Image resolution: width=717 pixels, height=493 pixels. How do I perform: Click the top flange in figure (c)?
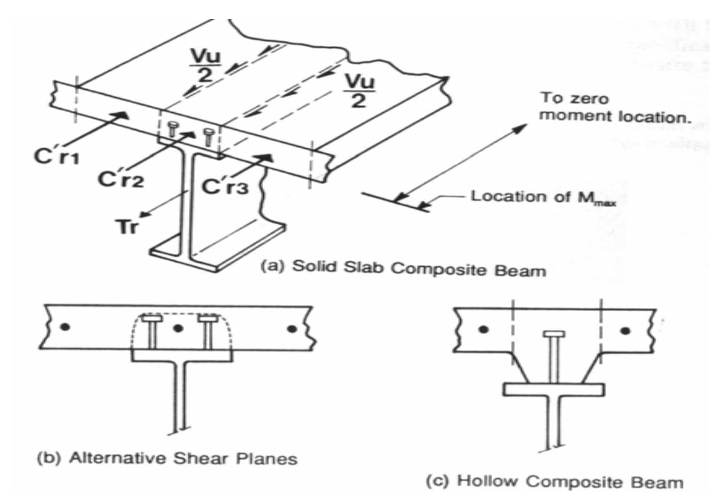click(553, 390)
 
